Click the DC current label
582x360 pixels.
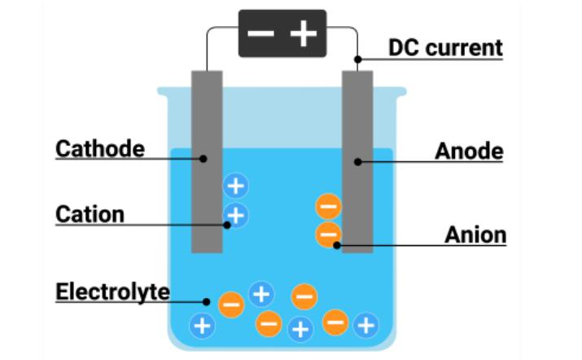[445, 47]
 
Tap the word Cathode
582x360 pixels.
[100, 149]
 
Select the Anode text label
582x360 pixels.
[469, 151]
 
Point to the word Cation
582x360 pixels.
[90, 214]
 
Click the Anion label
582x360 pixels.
[475, 235]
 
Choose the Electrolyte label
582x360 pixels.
[112, 292]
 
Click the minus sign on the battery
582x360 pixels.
[261, 34]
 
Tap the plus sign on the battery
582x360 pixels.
[303, 34]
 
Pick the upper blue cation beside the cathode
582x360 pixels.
[235, 187]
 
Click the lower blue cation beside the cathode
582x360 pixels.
[235, 216]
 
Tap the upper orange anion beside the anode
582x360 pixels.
[328, 208]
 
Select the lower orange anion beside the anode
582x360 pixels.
[328, 236]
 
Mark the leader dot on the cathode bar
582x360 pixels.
[204, 158]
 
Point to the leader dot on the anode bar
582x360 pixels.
[357, 161]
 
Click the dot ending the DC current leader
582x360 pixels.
[357, 59]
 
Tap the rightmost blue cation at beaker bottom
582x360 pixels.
[367, 327]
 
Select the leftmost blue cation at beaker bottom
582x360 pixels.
[202, 327]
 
